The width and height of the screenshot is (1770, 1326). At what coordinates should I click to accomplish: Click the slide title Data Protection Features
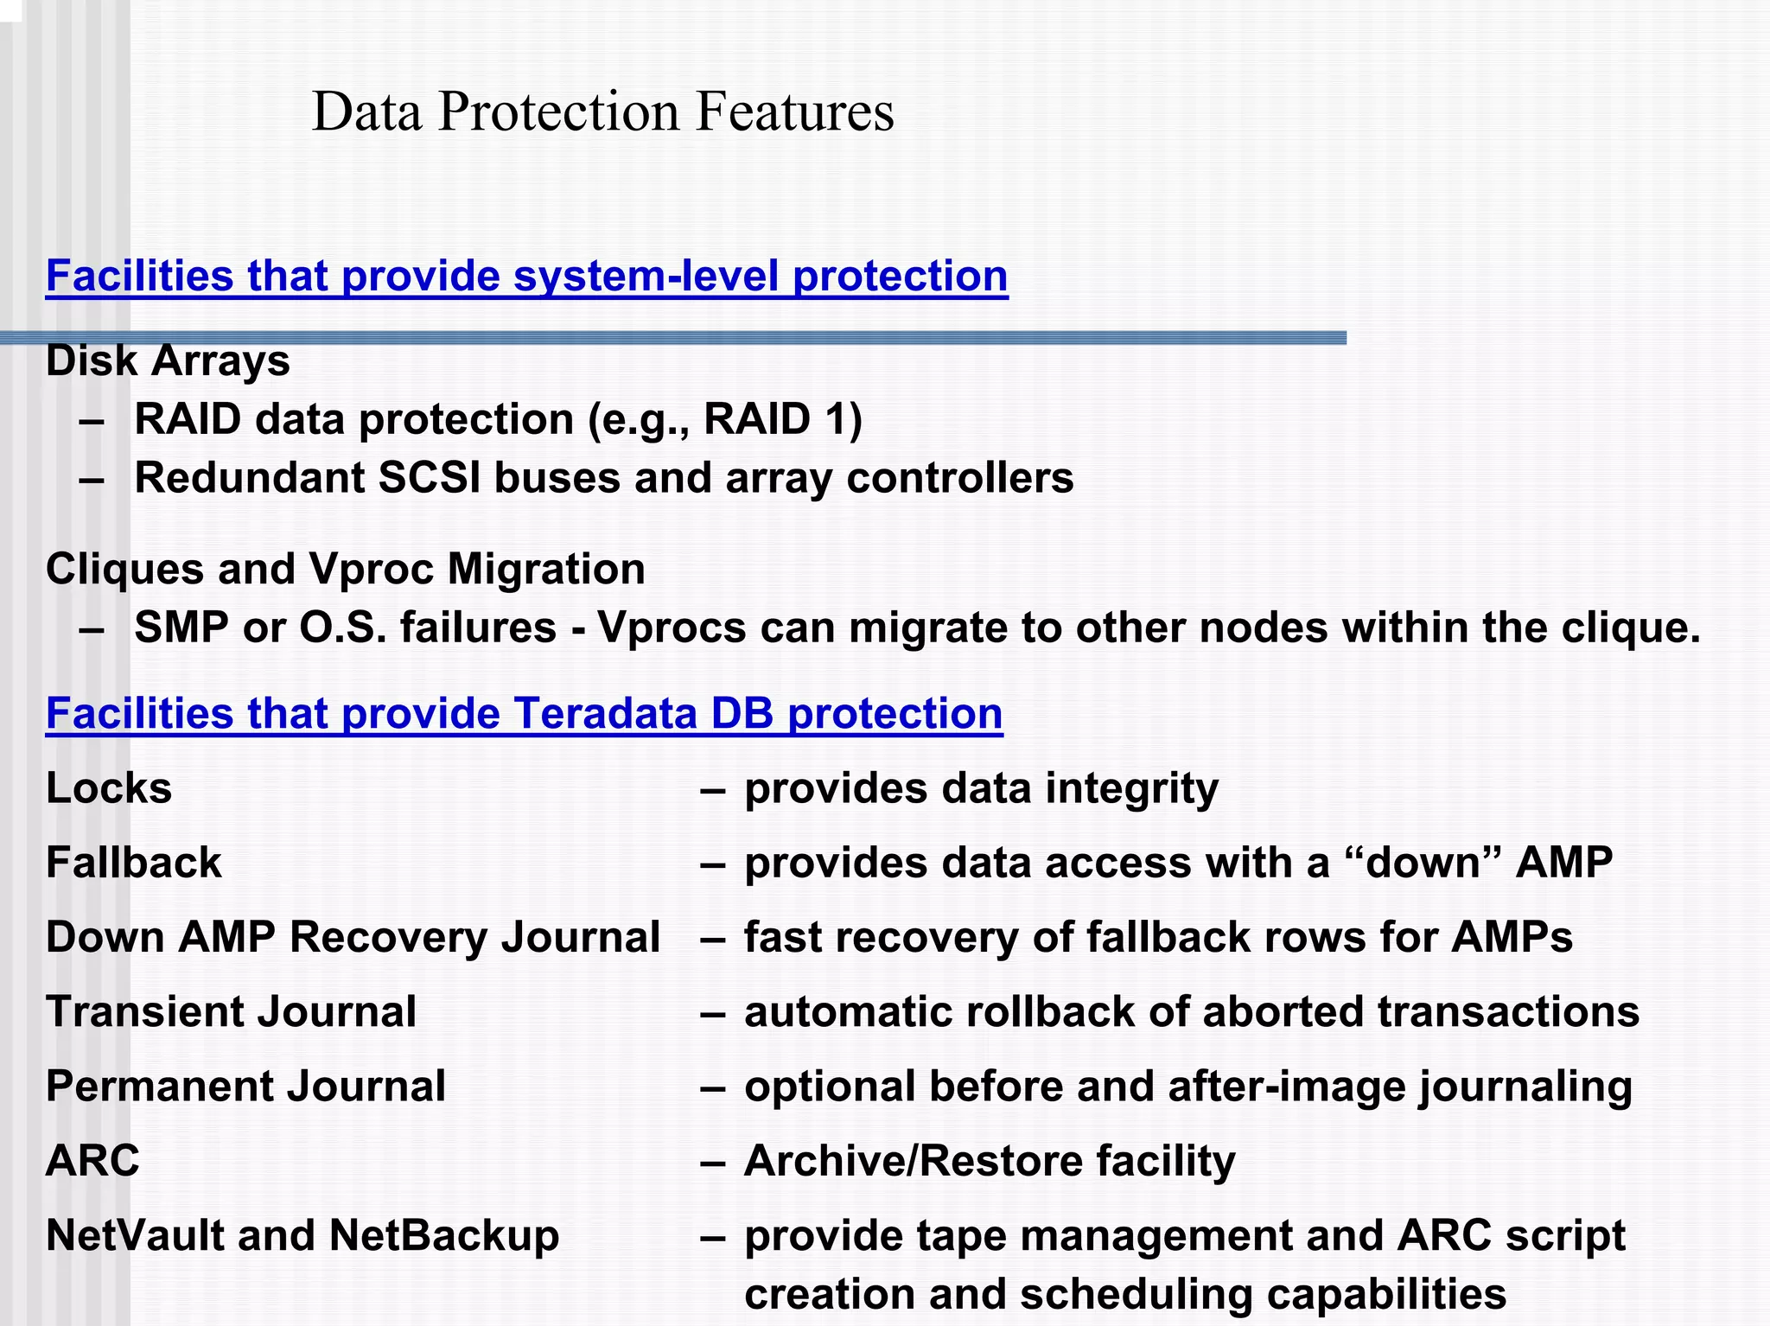coord(602,112)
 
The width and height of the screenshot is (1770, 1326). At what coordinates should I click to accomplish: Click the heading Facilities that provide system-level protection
coord(526,277)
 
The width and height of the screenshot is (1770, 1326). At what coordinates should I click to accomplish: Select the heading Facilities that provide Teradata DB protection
coord(524,714)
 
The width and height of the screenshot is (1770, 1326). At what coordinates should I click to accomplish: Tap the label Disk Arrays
coord(168,360)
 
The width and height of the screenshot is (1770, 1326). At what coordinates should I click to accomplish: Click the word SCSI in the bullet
coord(429,478)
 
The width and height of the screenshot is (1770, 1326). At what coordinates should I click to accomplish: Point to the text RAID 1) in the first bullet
coord(783,419)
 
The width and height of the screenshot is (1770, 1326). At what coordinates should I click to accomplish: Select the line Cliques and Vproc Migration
coord(345,569)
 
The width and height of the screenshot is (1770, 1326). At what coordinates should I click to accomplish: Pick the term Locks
coord(109,788)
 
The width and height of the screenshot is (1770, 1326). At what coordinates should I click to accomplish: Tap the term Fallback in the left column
coord(134,863)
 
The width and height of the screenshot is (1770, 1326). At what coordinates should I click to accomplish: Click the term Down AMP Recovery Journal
coord(353,937)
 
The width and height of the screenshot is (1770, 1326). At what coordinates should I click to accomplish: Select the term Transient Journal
coord(231,1011)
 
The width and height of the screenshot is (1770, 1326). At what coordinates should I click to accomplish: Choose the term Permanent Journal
coord(245,1086)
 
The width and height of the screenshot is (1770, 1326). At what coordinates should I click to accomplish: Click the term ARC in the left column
coord(92,1160)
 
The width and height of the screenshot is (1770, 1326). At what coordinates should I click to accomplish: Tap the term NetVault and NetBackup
coord(302,1235)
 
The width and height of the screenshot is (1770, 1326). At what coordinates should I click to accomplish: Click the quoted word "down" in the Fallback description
coord(1423,863)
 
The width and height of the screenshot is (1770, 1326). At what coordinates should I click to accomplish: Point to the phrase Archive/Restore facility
coord(990,1160)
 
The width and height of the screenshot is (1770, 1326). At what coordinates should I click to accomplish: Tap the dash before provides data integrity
coord(713,788)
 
